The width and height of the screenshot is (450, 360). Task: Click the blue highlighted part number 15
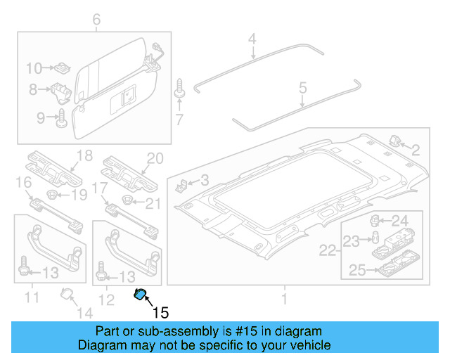pos(141,295)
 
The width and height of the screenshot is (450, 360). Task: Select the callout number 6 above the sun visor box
pos(96,20)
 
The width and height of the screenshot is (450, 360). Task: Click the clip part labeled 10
pos(61,68)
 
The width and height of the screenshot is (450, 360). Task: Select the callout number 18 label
pos(84,156)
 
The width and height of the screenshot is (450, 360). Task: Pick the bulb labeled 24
pos(377,220)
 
